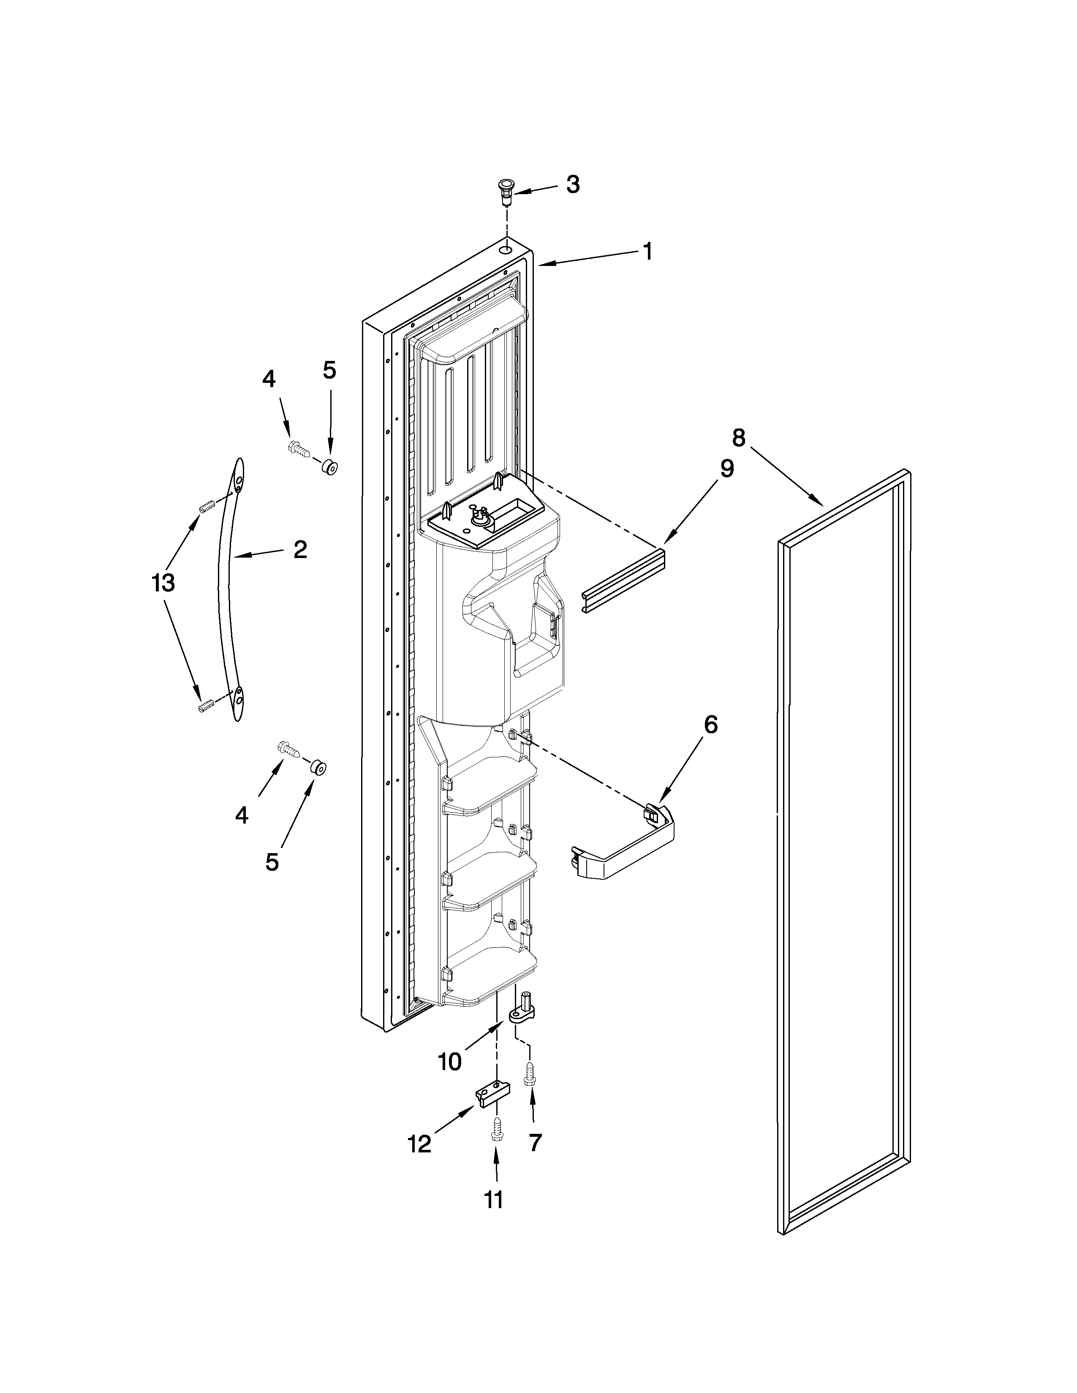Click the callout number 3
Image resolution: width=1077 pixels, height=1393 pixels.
coord(573,185)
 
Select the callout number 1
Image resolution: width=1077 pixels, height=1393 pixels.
coord(647,251)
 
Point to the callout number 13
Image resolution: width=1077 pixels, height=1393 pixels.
coord(163,583)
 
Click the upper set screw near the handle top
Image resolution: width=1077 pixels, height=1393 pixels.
coord(205,507)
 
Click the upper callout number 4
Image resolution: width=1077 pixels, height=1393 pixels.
coord(269,379)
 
